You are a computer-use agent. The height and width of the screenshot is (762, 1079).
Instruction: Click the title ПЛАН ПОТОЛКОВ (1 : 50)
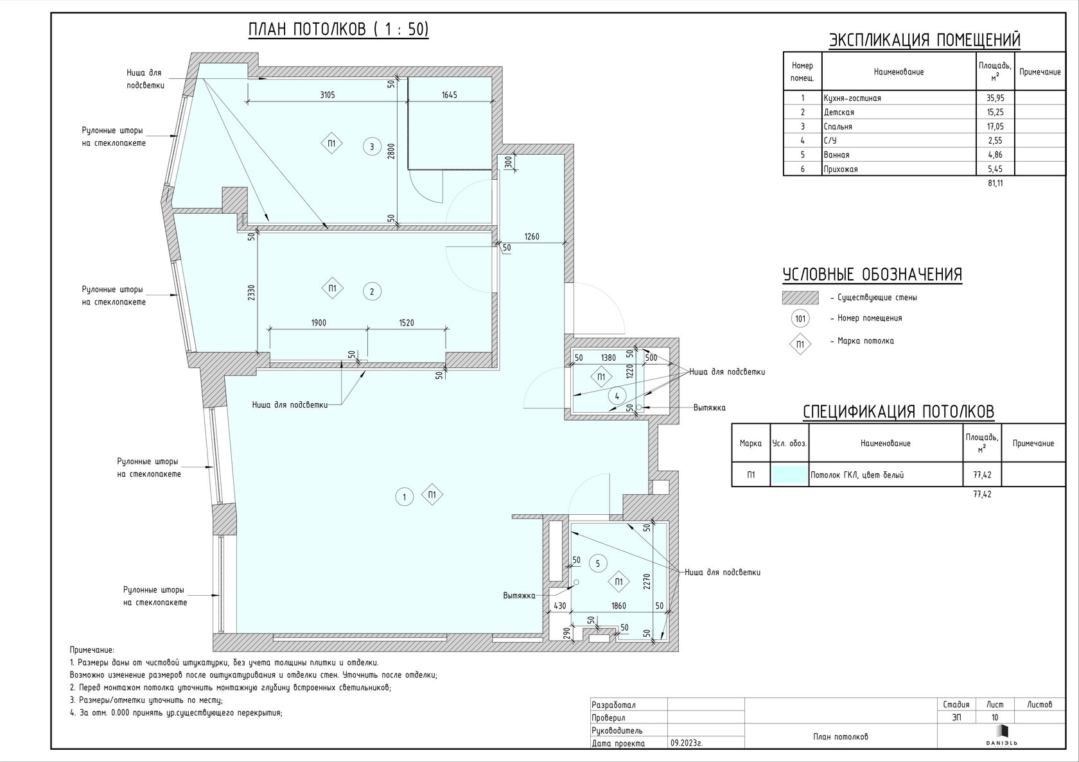[x=338, y=30]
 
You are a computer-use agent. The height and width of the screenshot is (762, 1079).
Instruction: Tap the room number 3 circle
[x=372, y=147]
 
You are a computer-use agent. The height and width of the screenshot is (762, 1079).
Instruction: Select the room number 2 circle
[x=372, y=291]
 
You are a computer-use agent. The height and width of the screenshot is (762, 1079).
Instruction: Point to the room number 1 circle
[x=404, y=497]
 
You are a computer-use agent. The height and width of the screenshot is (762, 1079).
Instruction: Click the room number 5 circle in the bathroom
[x=598, y=563]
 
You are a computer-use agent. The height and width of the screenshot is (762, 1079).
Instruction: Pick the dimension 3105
[x=328, y=95]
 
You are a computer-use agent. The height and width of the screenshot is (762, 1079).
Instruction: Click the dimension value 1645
[x=450, y=95]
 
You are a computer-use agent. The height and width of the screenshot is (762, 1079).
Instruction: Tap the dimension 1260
[x=532, y=236]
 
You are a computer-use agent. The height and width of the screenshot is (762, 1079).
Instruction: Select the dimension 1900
[x=319, y=322]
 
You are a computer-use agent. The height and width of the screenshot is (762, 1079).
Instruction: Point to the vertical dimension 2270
[x=647, y=581]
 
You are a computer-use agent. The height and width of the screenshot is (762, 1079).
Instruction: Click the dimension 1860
[x=618, y=606]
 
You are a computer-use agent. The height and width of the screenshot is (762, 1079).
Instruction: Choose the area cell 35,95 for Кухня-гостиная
[x=996, y=98]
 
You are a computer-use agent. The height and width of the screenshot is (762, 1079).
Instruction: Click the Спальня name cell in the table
[x=838, y=126]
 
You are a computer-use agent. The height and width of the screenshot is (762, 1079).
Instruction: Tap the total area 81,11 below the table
[x=996, y=184]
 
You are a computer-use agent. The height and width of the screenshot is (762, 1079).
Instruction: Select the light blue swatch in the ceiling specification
[x=789, y=474]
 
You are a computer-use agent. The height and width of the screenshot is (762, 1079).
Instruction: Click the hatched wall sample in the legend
[x=800, y=297]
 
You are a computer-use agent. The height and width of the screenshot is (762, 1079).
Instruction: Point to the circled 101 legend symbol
[x=800, y=318]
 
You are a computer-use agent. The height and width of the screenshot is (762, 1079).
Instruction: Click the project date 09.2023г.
[x=687, y=743]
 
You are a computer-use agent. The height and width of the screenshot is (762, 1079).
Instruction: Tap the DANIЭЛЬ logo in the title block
[x=1001, y=736]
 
